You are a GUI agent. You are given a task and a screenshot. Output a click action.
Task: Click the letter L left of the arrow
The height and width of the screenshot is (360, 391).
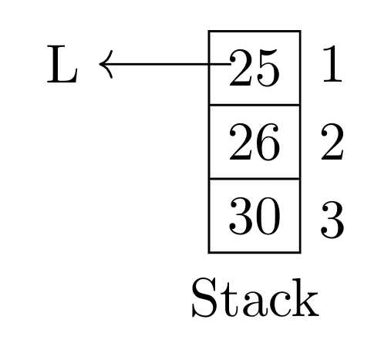62,64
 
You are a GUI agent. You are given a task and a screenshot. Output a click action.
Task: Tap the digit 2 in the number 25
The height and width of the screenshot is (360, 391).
241,68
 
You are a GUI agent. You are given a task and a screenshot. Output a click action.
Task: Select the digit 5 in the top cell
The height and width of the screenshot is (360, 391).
268,68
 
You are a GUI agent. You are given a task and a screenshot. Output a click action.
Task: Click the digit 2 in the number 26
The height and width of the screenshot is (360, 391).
241,142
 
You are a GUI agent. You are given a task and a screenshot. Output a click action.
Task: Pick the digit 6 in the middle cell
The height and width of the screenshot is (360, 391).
268,142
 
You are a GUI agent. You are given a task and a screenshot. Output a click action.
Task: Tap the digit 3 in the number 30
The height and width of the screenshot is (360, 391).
241,216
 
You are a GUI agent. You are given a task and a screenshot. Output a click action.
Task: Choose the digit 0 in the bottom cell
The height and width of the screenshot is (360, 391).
268,216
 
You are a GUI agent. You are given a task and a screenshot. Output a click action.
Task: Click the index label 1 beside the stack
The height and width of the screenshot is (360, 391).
332,64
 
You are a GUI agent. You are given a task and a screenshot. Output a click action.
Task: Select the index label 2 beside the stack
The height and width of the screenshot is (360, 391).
332,142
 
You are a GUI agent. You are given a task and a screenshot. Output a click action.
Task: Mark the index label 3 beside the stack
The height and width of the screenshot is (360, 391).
332,220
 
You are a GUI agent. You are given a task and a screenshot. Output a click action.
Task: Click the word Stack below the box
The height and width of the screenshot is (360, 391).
255,298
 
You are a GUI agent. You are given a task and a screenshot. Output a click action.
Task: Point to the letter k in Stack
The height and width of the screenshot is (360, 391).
305,298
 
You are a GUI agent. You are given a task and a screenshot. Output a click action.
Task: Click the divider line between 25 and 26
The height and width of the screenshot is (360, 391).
254,105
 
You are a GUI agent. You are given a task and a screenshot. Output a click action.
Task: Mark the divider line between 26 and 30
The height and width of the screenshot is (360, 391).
254,179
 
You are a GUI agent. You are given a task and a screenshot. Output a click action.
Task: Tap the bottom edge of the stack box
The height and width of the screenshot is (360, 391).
254,253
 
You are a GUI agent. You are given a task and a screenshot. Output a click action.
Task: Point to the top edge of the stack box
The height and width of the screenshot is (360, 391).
254,31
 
